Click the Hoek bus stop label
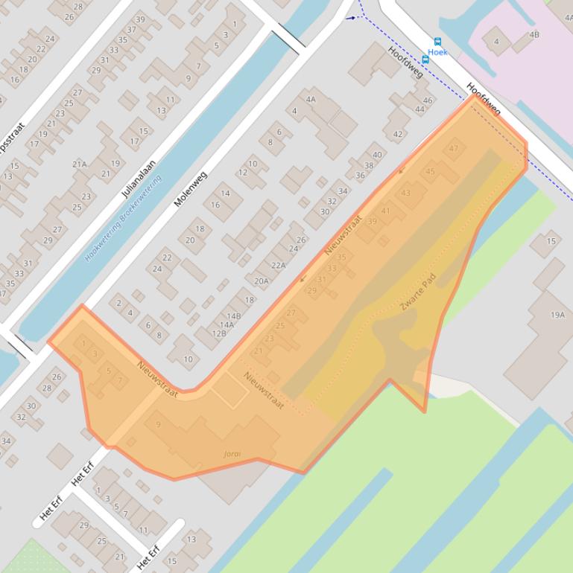(x=437, y=53)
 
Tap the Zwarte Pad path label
(x=417, y=294)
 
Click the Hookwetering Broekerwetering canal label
(x=122, y=218)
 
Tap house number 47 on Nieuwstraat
(x=454, y=149)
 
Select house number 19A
(x=557, y=315)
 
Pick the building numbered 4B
(x=534, y=35)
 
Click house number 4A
(x=311, y=99)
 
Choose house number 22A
(x=278, y=265)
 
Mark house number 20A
(x=261, y=281)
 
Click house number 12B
(x=219, y=333)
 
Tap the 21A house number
(x=79, y=164)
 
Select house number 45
(x=430, y=171)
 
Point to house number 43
(x=405, y=193)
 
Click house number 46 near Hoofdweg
(x=428, y=100)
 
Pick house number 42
(x=397, y=135)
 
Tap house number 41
(x=385, y=211)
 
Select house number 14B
(x=233, y=316)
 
